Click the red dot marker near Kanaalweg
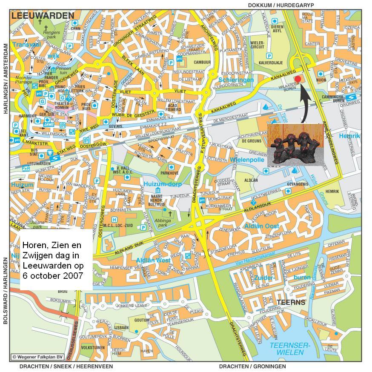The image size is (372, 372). pos(298,80)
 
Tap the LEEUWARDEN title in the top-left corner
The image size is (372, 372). pos(43,16)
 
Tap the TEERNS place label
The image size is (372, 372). pos(291,303)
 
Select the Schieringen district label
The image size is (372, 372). pos(236,80)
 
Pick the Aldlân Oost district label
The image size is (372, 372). pos(262,226)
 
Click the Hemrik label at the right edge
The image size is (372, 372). pos(349,136)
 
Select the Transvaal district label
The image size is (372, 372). pos(26,44)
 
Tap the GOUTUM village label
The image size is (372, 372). pos(142,320)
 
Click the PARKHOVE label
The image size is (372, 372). pos(169,173)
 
